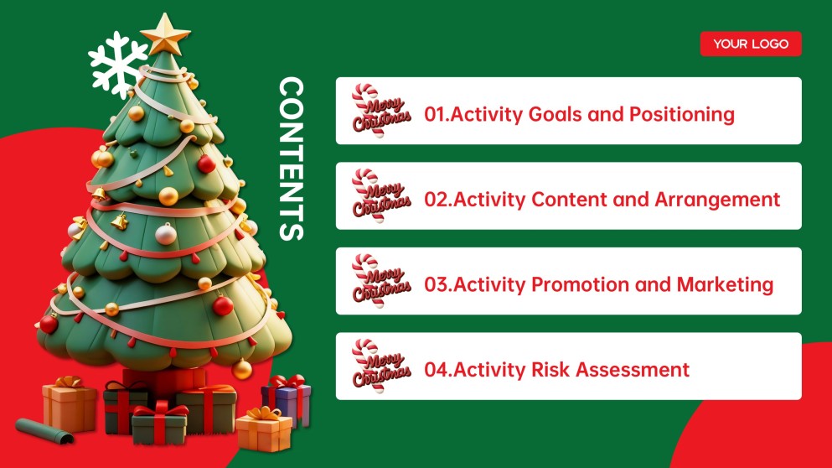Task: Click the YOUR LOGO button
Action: tap(751, 44)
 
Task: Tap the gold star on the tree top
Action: tap(166, 34)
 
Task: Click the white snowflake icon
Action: tap(118, 65)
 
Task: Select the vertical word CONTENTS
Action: tap(291, 159)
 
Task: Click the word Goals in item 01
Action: tap(555, 114)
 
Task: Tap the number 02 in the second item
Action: tap(435, 200)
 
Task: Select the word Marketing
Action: tap(725, 284)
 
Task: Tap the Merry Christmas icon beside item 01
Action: tap(380, 111)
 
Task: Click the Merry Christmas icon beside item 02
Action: tap(380, 196)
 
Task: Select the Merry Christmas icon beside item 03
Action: tap(380, 281)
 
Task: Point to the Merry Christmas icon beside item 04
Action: tap(380, 366)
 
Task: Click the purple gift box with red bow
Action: tap(287, 399)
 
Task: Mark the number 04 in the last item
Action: tap(436, 369)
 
